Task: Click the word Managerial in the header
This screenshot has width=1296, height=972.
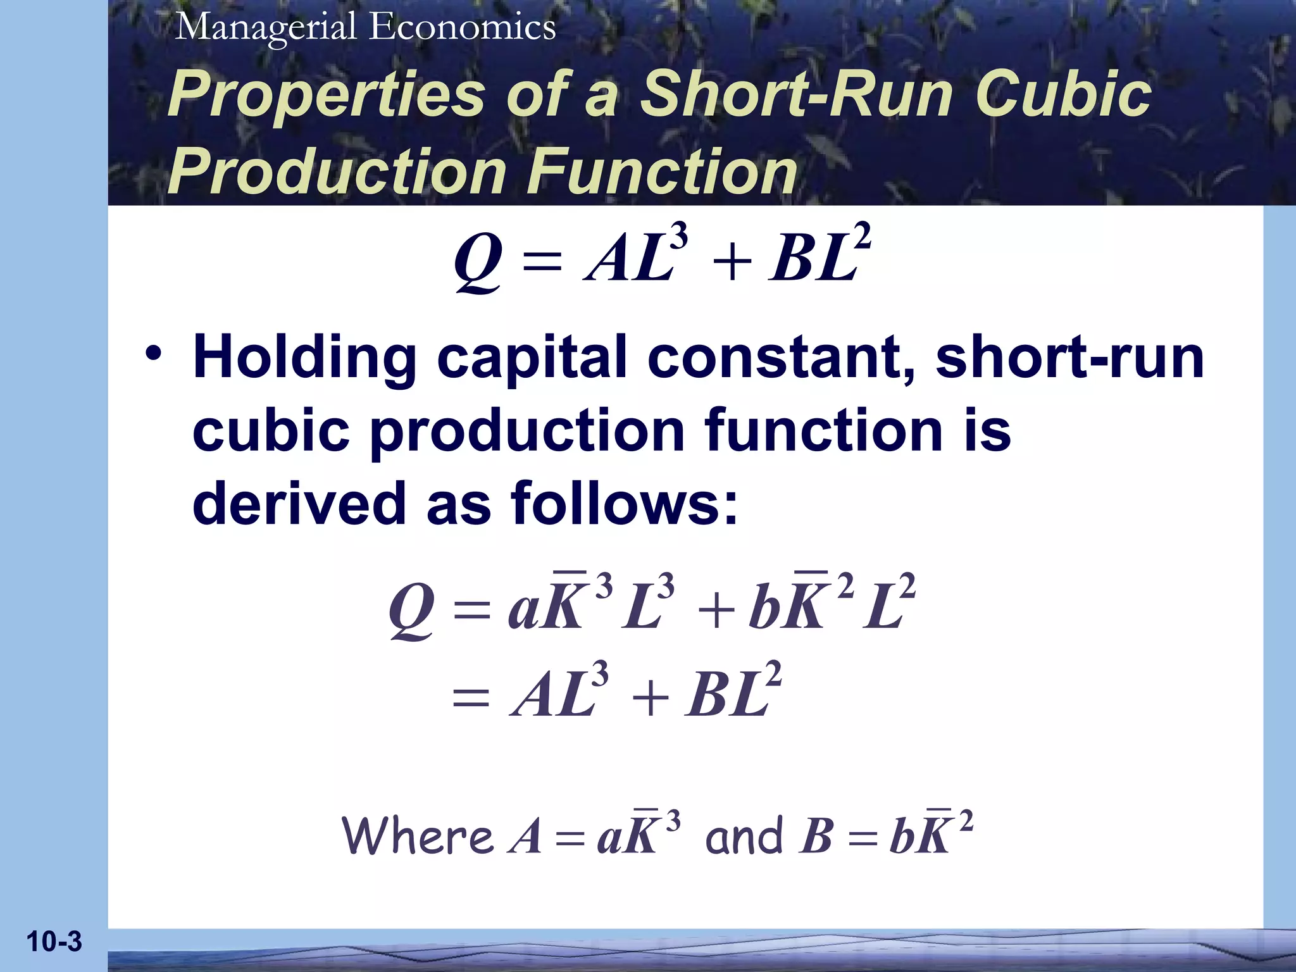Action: (266, 28)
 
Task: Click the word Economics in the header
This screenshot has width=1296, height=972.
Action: (463, 28)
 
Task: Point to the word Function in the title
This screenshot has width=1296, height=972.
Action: (662, 172)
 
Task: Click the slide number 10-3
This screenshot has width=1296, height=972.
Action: (54, 942)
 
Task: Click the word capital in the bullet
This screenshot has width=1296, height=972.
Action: (531, 359)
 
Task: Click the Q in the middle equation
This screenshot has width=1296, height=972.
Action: (412, 611)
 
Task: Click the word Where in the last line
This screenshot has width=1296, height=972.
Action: (418, 837)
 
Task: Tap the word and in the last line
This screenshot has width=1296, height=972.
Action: (744, 837)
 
